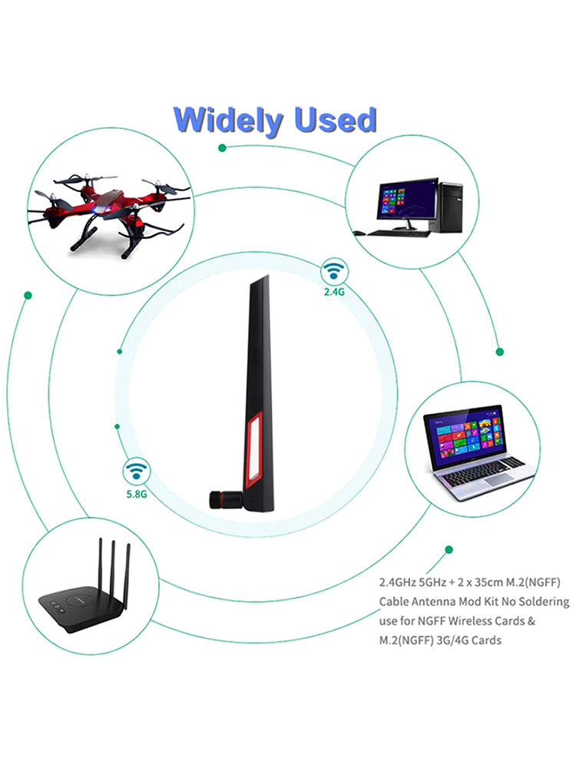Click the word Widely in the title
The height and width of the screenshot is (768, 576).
229,120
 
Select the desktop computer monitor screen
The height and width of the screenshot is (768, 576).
406,200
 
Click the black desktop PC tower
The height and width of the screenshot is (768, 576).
451,207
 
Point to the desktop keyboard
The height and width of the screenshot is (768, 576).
399,233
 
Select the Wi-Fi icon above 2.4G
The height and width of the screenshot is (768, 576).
335,271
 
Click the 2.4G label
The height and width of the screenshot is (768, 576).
334,292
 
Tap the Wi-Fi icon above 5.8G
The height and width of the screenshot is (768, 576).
137,472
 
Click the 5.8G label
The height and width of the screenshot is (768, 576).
137,494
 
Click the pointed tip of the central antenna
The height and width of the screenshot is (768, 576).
268,276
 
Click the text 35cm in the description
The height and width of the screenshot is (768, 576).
489,582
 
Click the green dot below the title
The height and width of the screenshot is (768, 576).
222,147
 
